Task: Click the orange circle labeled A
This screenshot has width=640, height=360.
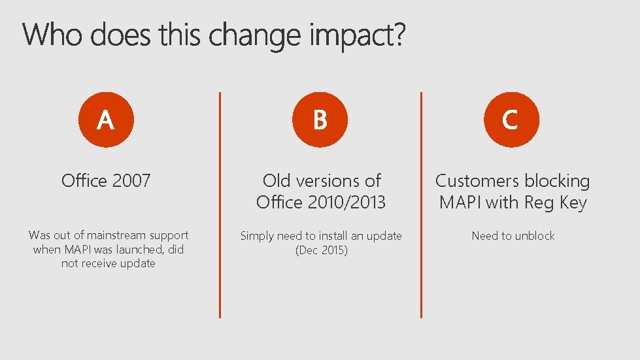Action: [106, 120]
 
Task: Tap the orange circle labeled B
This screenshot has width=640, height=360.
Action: [320, 120]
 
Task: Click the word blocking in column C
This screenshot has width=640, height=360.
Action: [558, 180]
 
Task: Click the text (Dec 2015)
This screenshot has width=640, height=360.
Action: [321, 250]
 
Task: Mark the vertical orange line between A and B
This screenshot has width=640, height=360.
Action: [220, 205]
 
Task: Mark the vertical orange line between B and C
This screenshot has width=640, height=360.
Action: [422, 205]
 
